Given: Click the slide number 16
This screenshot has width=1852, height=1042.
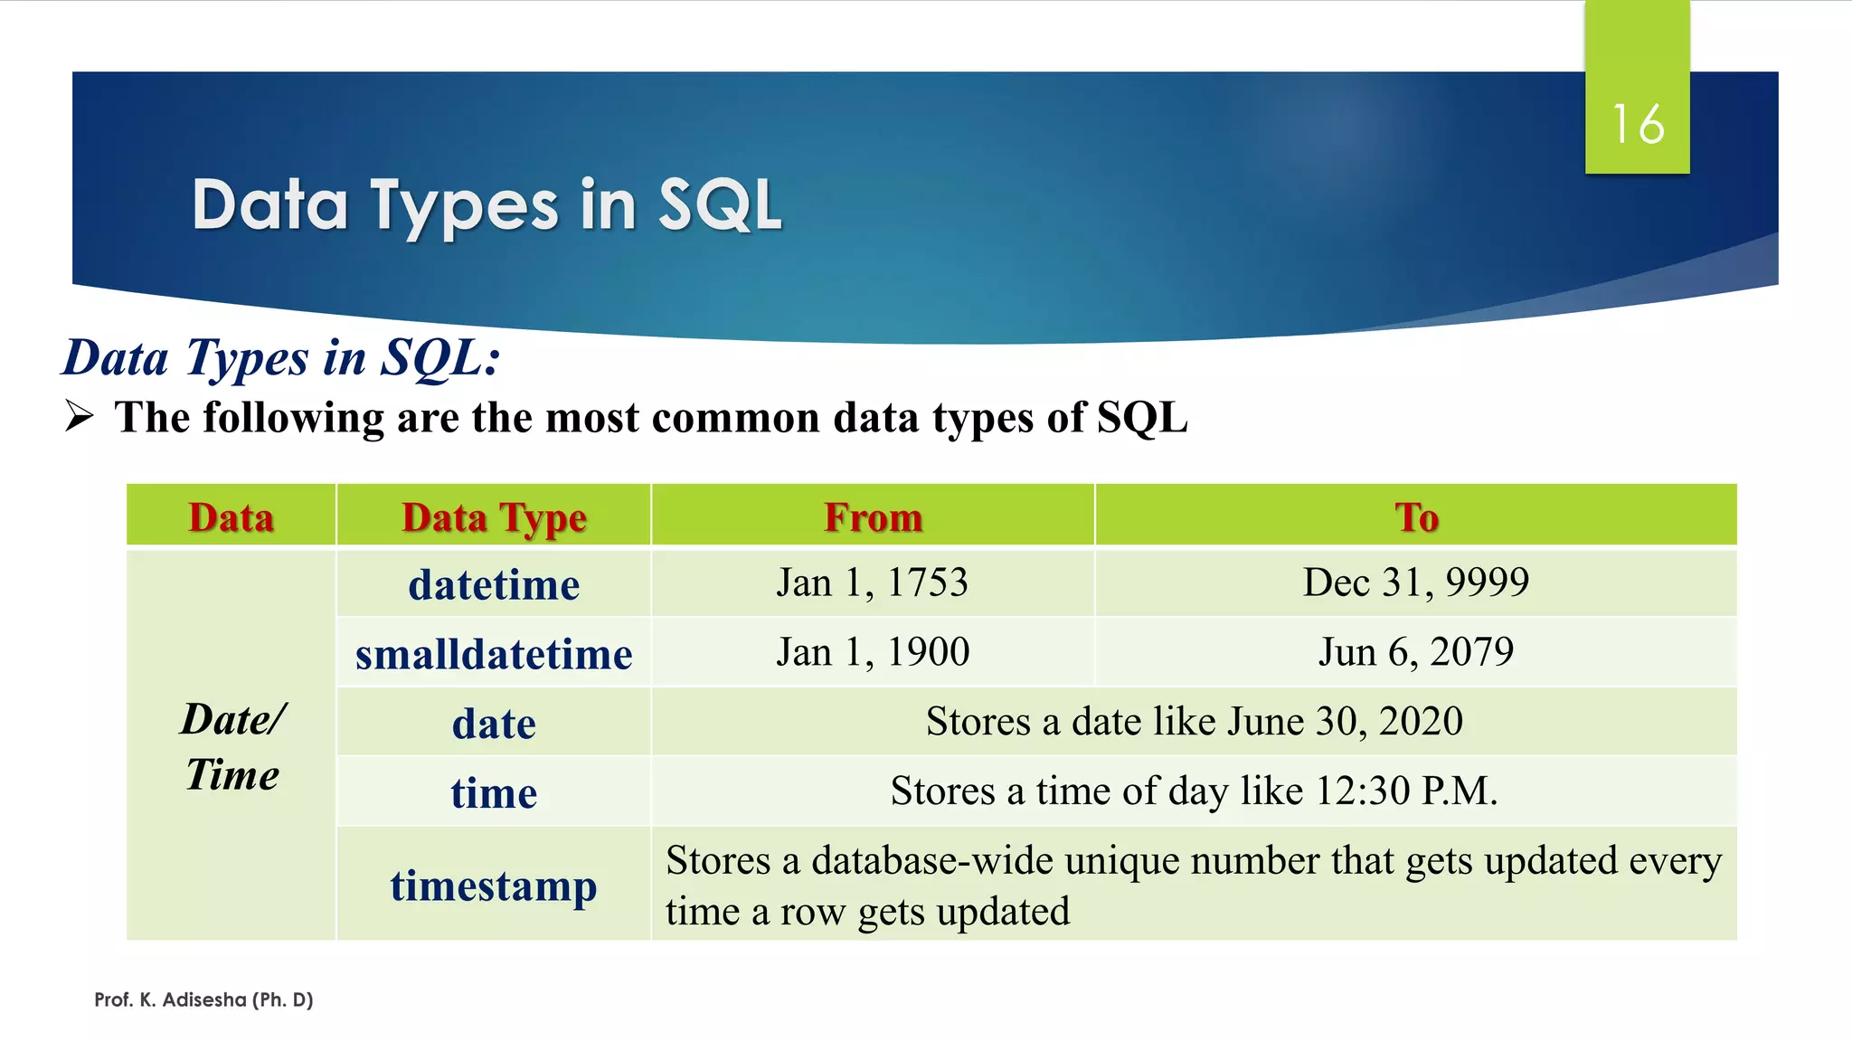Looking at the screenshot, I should tap(1637, 124).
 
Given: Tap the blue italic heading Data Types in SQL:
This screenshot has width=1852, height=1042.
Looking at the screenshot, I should tap(280, 358).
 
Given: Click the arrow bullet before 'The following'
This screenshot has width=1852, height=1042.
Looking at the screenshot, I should tap(80, 417).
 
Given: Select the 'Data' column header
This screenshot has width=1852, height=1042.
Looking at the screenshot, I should tap(231, 517).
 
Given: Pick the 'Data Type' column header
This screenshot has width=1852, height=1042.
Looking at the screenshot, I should tap(494, 517).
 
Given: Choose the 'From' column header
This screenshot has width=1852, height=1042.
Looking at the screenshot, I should tap(873, 517).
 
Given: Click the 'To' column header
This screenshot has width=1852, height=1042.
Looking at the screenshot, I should tap(1416, 517).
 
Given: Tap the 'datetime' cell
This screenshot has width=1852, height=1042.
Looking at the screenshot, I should tap(494, 584).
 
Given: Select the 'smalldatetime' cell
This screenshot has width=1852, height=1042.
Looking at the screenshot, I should tap(494, 654).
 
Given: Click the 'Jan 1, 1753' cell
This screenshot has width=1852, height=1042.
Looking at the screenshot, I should tap(873, 583).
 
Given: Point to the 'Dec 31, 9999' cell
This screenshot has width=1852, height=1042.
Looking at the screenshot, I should tap(1416, 583).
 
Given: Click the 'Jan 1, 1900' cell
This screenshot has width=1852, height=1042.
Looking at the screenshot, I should tap(873, 652).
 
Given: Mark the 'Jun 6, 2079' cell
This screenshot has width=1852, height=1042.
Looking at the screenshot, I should tap(1416, 652).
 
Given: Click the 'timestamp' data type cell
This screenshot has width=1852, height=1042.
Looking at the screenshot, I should tap(494, 885).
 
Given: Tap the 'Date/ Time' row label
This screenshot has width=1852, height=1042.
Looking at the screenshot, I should tap(232, 747).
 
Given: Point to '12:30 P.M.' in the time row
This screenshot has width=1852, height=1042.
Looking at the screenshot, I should tap(1406, 791).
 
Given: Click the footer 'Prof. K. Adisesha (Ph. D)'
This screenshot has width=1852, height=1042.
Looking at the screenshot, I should tap(203, 999).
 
